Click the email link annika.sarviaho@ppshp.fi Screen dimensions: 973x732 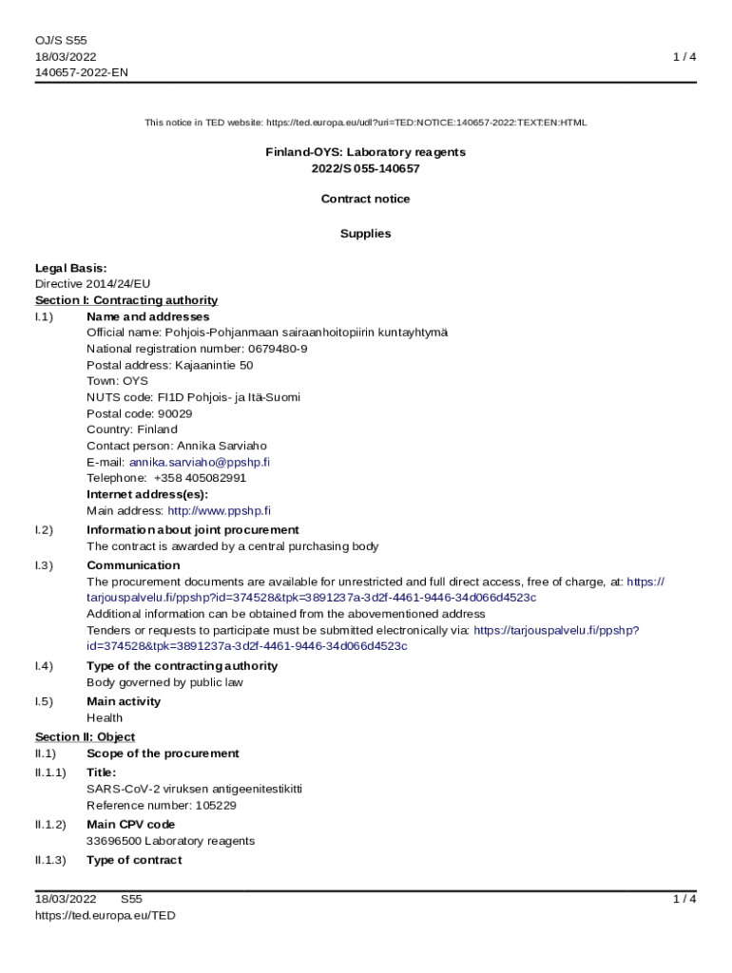tap(200, 462)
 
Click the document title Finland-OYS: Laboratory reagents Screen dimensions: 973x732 tap(365, 152)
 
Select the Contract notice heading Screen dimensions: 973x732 tap(365, 199)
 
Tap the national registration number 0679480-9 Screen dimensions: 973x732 tap(278, 349)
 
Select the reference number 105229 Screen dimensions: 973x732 tap(216, 806)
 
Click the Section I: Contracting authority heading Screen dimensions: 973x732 tap(126, 300)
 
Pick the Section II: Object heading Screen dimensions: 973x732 tap(85, 737)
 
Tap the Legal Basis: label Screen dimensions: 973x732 tap(70, 268)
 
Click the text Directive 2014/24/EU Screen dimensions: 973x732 tap(92, 284)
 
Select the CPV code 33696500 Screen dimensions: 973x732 tap(112, 841)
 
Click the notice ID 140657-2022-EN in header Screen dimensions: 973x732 tap(81, 72)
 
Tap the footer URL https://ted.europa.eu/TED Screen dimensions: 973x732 tap(105, 915)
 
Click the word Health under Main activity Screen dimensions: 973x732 tap(105, 718)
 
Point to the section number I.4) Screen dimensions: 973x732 tap(44, 666)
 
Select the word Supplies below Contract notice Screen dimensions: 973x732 tap(365, 234)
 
